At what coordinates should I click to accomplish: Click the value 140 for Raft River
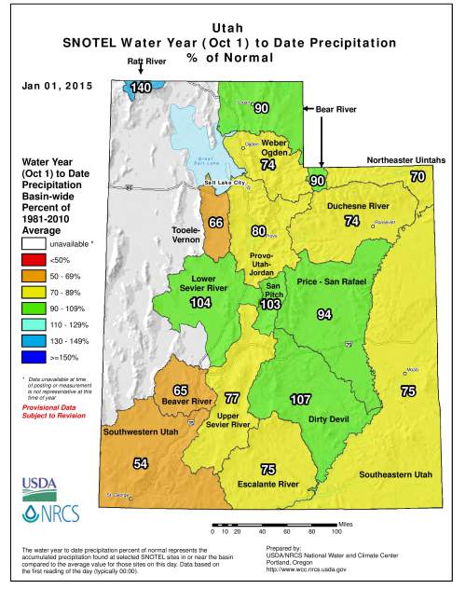click(x=141, y=88)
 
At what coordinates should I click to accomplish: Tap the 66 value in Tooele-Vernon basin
click(x=215, y=223)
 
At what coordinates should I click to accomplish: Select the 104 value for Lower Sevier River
click(x=200, y=304)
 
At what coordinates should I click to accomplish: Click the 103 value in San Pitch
click(x=270, y=304)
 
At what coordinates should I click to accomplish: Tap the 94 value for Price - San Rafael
click(x=324, y=315)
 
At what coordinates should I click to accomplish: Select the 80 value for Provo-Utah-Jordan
click(x=259, y=231)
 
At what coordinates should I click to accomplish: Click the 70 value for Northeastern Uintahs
click(x=418, y=176)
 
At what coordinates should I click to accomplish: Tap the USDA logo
click(x=41, y=487)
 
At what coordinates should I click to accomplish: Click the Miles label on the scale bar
click(x=346, y=525)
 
